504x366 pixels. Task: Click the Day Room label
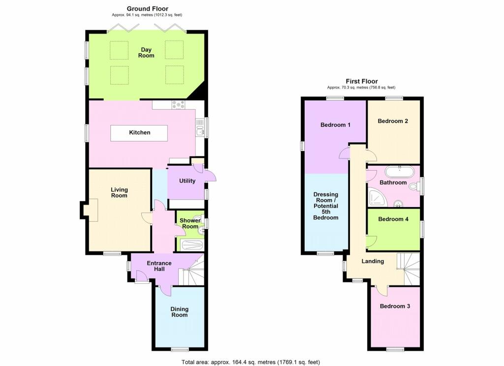(x=146, y=53)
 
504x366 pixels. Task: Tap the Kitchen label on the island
(x=139, y=132)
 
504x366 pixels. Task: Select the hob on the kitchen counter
(x=178, y=105)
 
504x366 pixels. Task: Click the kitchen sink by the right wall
(x=200, y=127)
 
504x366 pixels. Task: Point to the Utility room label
(x=187, y=181)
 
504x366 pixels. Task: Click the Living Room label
(x=119, y=192)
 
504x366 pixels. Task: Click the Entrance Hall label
(x=159, y=266)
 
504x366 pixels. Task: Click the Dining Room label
(x=179, y=312)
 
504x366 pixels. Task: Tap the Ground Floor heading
(x=148, y=9)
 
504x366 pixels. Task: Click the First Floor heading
(x=362, y=81)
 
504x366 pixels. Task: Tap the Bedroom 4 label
(x=393, y=219)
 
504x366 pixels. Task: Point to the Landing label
(x=373, y=261)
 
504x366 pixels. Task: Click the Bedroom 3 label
(x=395, y=306)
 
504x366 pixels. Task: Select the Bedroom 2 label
(x=393, y=121)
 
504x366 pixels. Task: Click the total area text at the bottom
(x=251, y=362)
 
